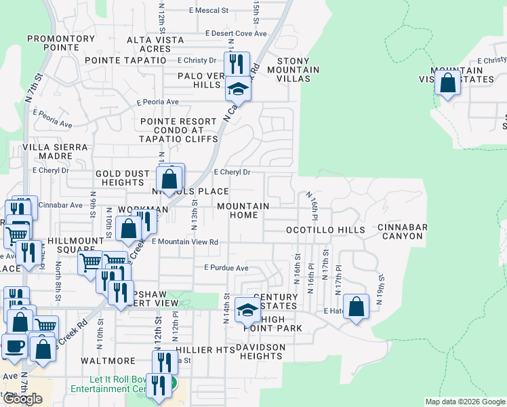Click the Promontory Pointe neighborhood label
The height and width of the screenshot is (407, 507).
point(61,43)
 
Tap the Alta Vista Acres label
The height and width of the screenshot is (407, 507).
point(155,44)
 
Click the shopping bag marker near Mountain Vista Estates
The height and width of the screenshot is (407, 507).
point(447,84)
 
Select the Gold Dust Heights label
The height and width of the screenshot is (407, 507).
point(122,178)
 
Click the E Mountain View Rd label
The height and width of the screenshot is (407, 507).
point(184,241)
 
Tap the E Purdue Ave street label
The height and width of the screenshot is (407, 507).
point(226,268)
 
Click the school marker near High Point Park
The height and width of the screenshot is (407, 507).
point(247,311)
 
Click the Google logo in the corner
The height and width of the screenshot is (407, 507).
point(22,398)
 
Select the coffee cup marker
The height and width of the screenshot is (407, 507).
point(14,345)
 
